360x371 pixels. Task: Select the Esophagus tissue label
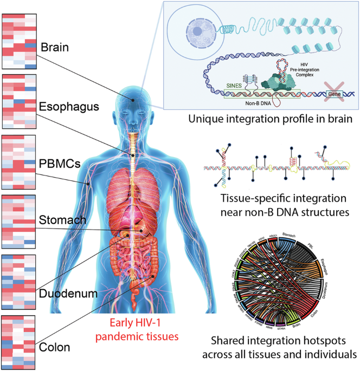(64, 106)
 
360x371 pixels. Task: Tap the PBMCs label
(59, 162)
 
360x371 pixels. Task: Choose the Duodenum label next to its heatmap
(64, 294)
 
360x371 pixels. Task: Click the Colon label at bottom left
(55, 347)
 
